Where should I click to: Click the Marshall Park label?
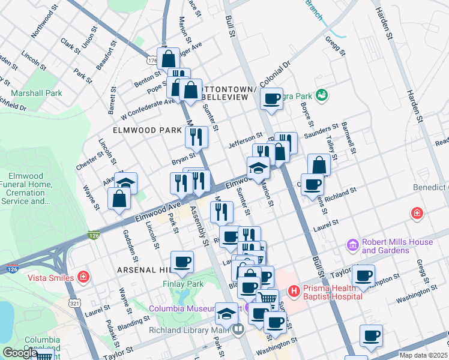coord(36,93)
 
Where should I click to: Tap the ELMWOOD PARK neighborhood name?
coord(146,130)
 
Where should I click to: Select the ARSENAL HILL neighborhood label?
coord(144,270)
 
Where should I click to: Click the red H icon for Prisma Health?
coord(294,292)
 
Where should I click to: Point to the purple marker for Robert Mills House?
coord(353,245)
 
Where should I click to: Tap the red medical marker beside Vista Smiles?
coord(83,277)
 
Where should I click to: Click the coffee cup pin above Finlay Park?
coord(182,262)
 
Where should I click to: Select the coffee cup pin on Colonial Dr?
coord(272,98)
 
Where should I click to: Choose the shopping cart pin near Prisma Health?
coord(268,298)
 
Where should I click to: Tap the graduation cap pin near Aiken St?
coord(126,183)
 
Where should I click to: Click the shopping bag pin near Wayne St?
coord(119,198)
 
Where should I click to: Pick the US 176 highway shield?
coord(151,61)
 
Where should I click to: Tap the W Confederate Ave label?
coord(147,107)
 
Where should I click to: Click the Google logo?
coord(20,353)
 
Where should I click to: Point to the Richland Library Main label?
coord(196,329)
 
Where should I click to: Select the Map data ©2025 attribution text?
coord(424,355)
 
